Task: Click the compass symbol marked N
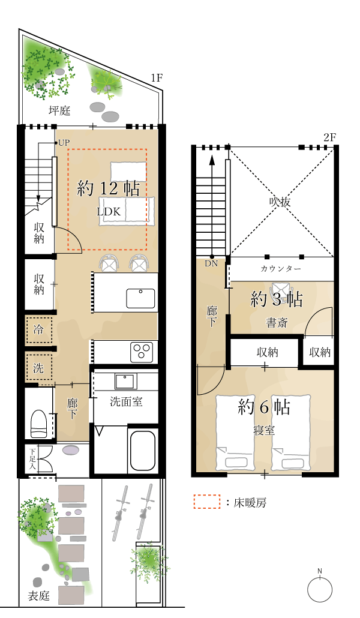(320, 589)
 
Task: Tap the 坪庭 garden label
(60, 110)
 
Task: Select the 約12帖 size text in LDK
(109, 188)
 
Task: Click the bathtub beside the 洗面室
(142, 451)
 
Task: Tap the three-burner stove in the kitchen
(142, 350)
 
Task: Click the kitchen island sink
(140, 298)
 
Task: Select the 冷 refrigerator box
(38, 330)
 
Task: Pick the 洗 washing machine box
(38, 367)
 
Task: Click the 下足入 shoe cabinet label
(32, 459)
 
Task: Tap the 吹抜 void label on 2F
(280, 202)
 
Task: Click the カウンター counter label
(281, 269)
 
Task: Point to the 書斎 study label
(277, 323)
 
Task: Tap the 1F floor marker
(157, 78)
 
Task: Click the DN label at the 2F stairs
(211, 263)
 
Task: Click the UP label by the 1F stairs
(64, 143)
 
